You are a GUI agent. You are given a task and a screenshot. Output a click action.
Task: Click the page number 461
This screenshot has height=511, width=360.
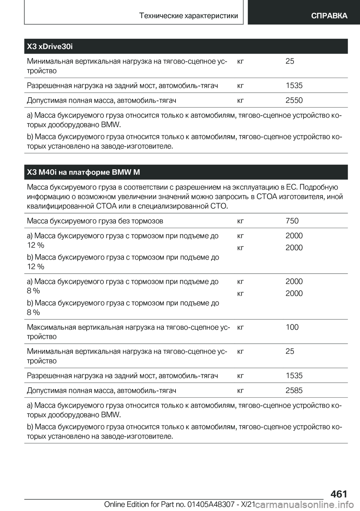pos(339,494)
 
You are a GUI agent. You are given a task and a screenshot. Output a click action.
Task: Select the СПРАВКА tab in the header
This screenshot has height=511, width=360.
pos(329,15)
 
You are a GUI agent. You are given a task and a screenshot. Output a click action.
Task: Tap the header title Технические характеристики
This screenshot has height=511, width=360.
pos(188,15)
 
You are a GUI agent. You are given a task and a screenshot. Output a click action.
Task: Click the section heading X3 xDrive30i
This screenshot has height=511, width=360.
pos(50,47)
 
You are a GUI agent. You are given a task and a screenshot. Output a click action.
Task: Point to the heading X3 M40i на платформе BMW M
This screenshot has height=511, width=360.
pos(83,172)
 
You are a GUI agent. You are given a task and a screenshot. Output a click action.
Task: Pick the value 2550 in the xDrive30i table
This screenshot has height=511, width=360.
pos(294,100)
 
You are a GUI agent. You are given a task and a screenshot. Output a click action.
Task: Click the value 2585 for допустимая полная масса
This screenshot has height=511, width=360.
pos(294,390)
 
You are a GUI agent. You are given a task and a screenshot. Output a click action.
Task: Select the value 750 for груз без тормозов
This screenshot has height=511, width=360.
pos(292,221)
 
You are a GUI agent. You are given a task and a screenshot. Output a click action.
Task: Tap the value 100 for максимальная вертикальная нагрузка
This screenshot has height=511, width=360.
pos(292,327)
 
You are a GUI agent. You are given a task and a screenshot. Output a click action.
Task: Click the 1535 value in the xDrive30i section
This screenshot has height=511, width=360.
pos(294,85)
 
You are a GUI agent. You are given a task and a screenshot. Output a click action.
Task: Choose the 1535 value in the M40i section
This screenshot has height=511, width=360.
pos(294,376)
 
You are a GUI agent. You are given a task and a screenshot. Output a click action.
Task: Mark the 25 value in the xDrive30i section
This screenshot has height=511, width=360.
pos(290,61)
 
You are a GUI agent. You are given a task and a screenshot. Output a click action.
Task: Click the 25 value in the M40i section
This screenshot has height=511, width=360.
pos(290,351)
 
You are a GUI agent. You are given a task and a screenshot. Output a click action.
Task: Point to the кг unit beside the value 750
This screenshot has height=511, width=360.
pos(240,221)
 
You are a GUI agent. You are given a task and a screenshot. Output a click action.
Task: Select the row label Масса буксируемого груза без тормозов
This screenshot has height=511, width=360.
pos(95,221)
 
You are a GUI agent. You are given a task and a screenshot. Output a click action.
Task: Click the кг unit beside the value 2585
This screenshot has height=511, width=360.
pos(240,391)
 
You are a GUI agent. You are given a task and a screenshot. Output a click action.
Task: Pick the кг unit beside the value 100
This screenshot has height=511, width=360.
pos(240,328)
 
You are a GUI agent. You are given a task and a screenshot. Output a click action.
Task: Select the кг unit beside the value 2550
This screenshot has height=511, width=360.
pos(240,101)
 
